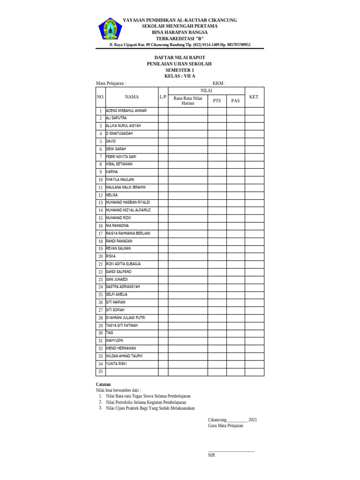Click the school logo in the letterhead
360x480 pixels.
click(110, 29)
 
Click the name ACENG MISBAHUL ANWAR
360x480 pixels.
click(126, 111)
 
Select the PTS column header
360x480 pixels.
click(217, 101)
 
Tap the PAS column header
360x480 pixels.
click(235, 101)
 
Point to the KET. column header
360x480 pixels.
click(254, 97)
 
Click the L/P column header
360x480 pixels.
click(163, 97)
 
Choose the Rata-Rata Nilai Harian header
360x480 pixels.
click(188, 101)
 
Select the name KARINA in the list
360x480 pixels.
click(112, 172)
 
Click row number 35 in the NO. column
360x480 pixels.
click(100, 372)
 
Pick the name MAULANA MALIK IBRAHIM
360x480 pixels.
click(126, 187)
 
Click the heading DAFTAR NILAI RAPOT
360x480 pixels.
click(180, 58)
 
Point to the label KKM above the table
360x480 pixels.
click(219, 83)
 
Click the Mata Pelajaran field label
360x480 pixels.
click(111, 83)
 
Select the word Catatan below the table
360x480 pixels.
click(104, 384)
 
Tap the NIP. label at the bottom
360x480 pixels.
click(212, 455)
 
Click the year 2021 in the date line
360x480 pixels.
click(253, 420)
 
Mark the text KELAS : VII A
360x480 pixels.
click(180, 76)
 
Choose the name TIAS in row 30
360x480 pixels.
click(110, 333)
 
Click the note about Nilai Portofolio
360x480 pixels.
click(146, 402)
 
